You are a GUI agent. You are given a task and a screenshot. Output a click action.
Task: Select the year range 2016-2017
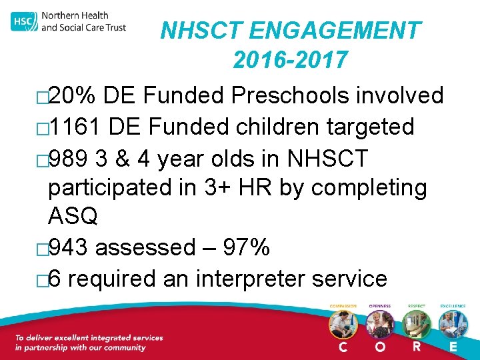coord(290,61)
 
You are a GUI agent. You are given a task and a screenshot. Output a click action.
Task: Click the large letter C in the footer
coord(343,347)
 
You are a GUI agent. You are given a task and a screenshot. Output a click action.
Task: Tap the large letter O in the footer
coord(379,347)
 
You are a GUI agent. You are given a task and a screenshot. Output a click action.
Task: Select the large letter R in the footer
coord(417,347)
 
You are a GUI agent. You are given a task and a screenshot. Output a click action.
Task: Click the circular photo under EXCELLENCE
coord(453,325)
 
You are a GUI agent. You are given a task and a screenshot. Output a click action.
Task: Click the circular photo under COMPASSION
coord(343,325)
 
